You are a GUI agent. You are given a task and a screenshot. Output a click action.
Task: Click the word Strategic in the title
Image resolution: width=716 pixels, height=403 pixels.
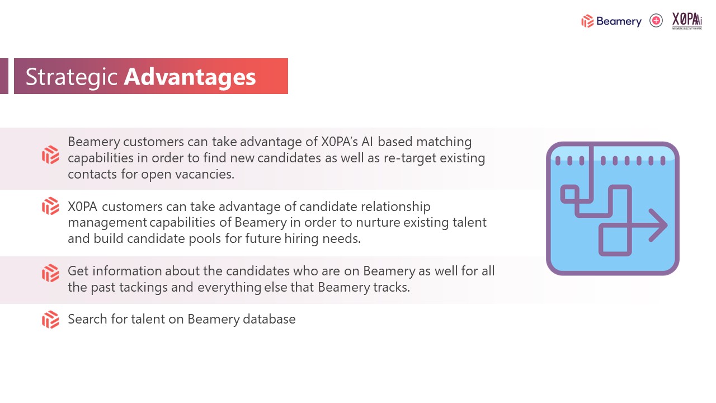tap(72, 77)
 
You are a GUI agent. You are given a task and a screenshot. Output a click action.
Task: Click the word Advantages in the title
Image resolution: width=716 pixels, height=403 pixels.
tap(190, 77)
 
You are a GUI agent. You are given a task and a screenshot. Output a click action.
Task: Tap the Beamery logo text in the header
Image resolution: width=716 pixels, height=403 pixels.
tap(619, 21)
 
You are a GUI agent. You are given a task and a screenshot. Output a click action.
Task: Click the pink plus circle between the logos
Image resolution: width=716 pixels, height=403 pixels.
tap(656, 21)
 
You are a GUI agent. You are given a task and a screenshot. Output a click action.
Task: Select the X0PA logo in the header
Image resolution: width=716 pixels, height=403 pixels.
tap(687, 21)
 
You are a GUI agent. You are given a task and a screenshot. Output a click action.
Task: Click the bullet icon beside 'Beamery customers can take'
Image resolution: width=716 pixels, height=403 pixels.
tap(50, 155)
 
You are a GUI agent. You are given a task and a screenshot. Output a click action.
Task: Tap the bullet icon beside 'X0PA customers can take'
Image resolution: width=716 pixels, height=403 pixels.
tap(50, 206)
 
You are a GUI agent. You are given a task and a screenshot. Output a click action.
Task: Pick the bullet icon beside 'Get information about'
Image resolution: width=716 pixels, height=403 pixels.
tap(50, 273)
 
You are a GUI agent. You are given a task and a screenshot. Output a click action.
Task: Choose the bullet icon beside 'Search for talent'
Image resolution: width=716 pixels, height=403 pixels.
tap(50, 319)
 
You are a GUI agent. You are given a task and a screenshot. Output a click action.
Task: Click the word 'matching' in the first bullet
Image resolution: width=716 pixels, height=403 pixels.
tap(444, 142)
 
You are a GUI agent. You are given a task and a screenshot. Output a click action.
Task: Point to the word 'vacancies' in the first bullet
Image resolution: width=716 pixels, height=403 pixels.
tap(203, 174)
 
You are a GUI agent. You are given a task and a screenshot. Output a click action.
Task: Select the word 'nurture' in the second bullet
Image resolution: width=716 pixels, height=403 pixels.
tap(378, 222)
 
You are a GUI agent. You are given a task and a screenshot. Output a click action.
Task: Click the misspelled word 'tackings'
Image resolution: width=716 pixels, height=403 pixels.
tap(143, 288)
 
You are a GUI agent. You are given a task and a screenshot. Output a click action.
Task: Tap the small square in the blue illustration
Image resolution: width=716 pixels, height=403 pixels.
tap(569, 194)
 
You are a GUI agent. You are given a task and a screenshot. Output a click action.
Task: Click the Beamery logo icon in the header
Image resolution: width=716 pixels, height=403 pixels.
tap(587, 21)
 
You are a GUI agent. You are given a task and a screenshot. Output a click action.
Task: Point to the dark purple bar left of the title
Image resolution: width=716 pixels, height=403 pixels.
tap(4, 76)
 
